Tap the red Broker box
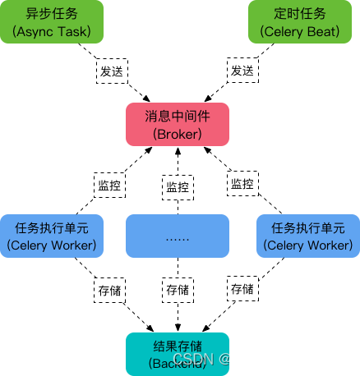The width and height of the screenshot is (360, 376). pos(177,124)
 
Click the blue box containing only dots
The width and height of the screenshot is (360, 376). pos(177,236)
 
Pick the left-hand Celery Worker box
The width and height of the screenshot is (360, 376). pos(51,236)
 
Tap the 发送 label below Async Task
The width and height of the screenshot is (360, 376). pos(111,71)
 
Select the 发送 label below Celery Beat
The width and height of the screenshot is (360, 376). pos(242,71)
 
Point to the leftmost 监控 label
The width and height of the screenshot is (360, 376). pos(109,185)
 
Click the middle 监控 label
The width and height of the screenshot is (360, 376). pos(177,187)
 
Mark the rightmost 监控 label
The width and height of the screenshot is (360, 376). pos(242,184)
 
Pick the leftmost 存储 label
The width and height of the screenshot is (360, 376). pos(109,289)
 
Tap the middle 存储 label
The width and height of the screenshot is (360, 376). pos(177,290)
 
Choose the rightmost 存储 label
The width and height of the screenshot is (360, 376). pos(242,289)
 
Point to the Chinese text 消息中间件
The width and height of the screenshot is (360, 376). pos(177,117)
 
